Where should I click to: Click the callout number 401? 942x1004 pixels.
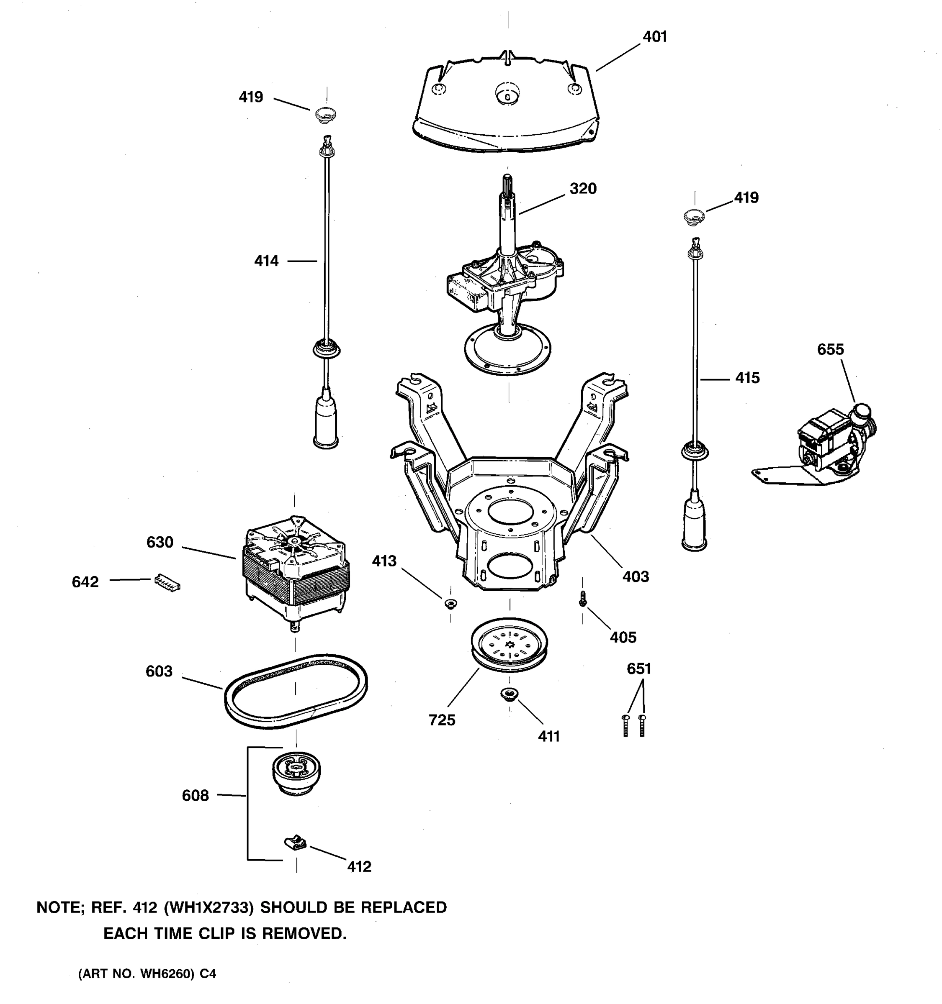tap(654, 37)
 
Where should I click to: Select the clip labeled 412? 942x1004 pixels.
tap(295, 843)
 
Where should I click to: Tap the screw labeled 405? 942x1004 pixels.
tap(583, 599)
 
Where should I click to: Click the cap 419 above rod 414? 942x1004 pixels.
tap(325, 115)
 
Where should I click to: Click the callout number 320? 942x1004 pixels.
tap(583, 189)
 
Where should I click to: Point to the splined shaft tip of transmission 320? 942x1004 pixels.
tap(507, 182)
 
